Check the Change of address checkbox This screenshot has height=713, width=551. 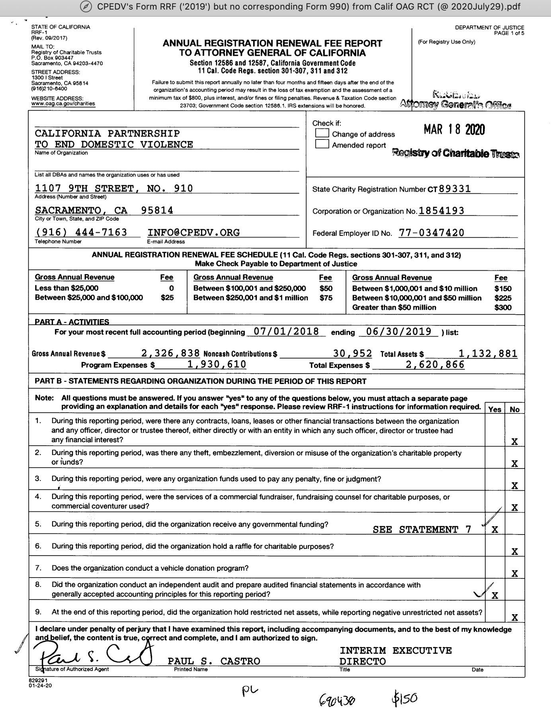pyautogui.click(x=322, y=133)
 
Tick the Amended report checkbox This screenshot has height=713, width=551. pyautogui.click(x=322, y=144)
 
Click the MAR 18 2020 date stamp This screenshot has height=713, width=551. pyautogui.click(x=454, y=129)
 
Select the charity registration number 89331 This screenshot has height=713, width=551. pyautogui.click(x=455, y=188)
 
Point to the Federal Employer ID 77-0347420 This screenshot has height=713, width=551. pyautogui.click(x=431, y=233)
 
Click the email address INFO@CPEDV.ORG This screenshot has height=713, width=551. pyautogui.click(x=193, y=232)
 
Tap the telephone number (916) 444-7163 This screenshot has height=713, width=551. pyautogui.click(x=81, y=232)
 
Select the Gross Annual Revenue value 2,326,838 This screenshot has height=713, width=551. pyautogui.click(x=170, y=353)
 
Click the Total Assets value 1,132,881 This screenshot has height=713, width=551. pyautogui.click(x=488, y=353)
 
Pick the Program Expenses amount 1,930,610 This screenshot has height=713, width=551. pyautogui.click(x=217, y=364)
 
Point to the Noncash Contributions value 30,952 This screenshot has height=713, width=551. pyautogui.click(x=352, y=353)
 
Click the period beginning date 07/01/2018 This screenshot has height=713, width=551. pyautogui.click(x=286, y=331)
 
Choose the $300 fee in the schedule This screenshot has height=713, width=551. pyautogui.click(x=503, y=307)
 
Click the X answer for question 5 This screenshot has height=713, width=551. pyautogui.click(x=495, y=529)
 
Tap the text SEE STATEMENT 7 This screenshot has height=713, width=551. pyautogui.click(x=422, y=529)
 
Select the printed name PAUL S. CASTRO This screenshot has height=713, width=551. pyautogui.click(x=214, y=661)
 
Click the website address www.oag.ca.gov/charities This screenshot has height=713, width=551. pyautogui.click(x=63, y=104)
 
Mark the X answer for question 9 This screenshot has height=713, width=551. pyautogui.click(x=514, y=617)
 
